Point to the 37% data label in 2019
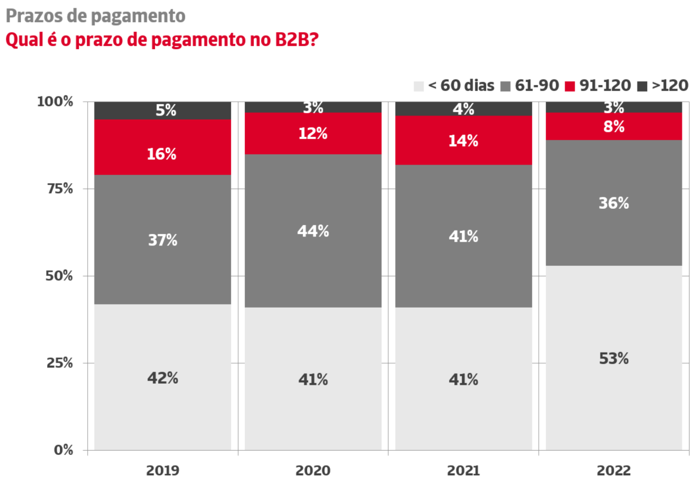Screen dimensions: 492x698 162,240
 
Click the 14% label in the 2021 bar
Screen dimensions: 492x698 463,141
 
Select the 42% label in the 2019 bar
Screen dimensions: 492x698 162,378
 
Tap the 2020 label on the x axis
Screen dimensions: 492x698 312,471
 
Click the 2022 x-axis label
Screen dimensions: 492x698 614,471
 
